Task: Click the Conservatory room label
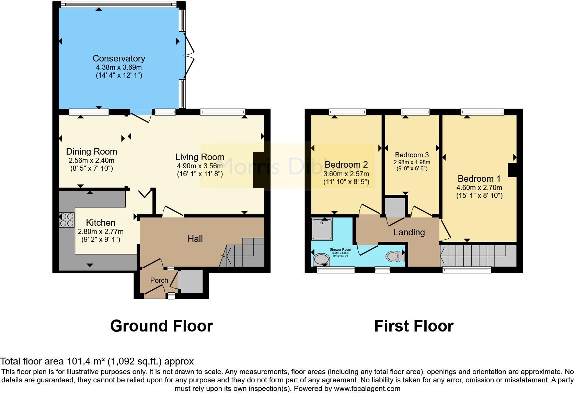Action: tap(119, 58)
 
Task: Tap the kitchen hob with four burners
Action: tap(67, 220)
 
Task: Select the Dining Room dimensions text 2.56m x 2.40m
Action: tap(91, 160)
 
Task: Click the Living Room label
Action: tap(199, 157)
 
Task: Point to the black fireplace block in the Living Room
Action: tap(259, 170)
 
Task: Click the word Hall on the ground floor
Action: tap(195, 239)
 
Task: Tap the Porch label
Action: tap(159, 280)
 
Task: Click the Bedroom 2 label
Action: tap(346, 165)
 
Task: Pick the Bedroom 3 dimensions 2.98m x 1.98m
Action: tap(412, 162)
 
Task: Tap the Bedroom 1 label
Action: tap(479, 179)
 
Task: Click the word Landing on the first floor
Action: tap(409, 232)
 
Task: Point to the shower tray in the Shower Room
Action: tap(322, 229)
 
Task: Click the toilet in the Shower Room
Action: tap(395, 256)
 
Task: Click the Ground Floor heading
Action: tap(161, 326)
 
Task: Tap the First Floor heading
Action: tap(414, 326)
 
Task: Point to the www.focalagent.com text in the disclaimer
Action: tap(367, 389)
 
